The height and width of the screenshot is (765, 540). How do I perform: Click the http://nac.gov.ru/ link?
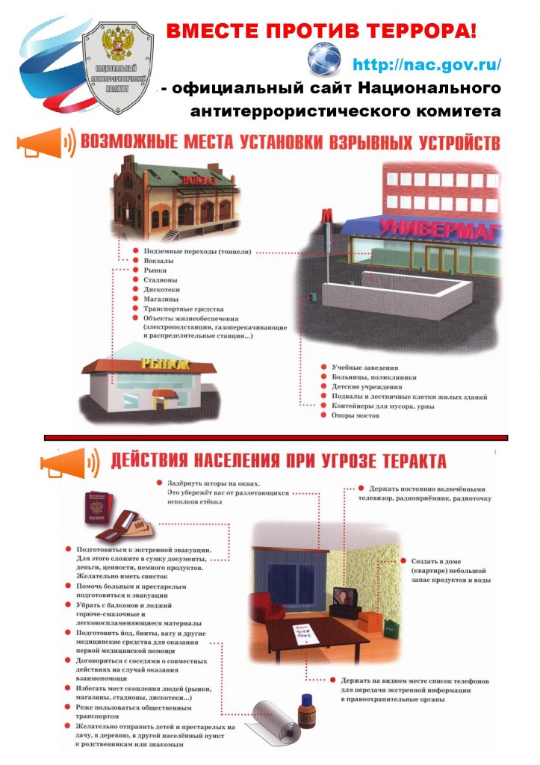coord(426,64)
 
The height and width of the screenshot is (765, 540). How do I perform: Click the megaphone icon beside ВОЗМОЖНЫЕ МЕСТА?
coord(44,143)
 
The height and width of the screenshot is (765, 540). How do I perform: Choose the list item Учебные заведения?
coord(364,368)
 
